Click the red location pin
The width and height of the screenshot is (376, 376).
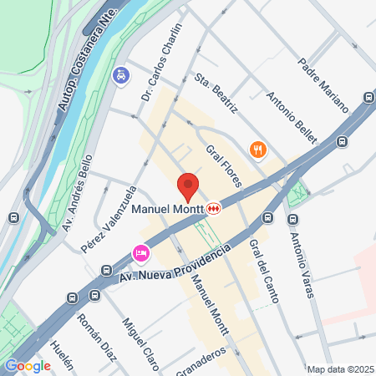[x=188, y=185]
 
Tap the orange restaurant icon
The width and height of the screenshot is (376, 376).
[x=257, y=150]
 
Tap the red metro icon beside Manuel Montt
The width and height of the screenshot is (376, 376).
[x=215, y=208]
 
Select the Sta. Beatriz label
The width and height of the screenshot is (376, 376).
[x=216, y=94]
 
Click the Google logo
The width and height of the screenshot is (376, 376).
[x=28, y=365]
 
